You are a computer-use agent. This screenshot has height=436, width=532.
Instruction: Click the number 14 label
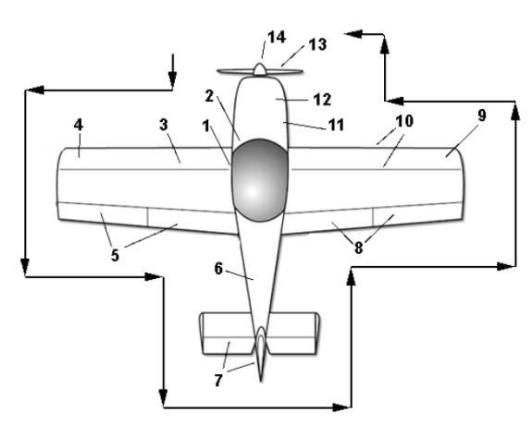click(x=277, y=37)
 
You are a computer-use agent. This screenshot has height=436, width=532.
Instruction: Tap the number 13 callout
click(x=317, y=44)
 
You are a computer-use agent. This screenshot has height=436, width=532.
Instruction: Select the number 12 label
click(x=322, y=100)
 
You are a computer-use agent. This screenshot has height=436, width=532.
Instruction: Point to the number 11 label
click(x=336, y=125)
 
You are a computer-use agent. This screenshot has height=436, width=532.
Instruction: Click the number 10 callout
click(x=404, y=121)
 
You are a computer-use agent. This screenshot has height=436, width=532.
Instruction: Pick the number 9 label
click(x=482, y=115)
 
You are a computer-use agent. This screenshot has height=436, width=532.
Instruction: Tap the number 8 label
click(x=359, y=248)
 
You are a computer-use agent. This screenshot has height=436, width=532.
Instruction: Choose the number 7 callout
click(x=218, y=380)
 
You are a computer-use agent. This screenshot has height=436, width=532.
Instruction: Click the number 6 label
click(x=218, y=269)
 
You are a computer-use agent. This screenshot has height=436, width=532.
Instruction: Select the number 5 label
click(x=115, y=255)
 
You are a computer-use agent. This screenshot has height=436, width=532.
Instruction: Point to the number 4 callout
click(x=79, y=126)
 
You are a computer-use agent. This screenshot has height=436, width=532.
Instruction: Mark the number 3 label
click(x=164, y=125)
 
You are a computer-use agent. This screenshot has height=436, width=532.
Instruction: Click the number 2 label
click(x=209, y=96)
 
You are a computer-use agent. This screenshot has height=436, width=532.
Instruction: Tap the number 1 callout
click(x=206, y=127)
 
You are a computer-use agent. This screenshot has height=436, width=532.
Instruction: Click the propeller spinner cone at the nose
click(x=260, y=68)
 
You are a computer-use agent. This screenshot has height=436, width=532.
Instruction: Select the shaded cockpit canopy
click(x=260, y=180)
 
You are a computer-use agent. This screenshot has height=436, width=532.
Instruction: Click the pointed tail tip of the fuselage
click(x=261, y=381)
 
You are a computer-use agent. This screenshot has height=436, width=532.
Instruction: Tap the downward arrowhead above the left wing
click(x=173, y=81)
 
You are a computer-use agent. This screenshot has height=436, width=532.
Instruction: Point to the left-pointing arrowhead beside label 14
click(x=353, y=34)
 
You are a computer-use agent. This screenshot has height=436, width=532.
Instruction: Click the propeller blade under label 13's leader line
click(x=284, y=71)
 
